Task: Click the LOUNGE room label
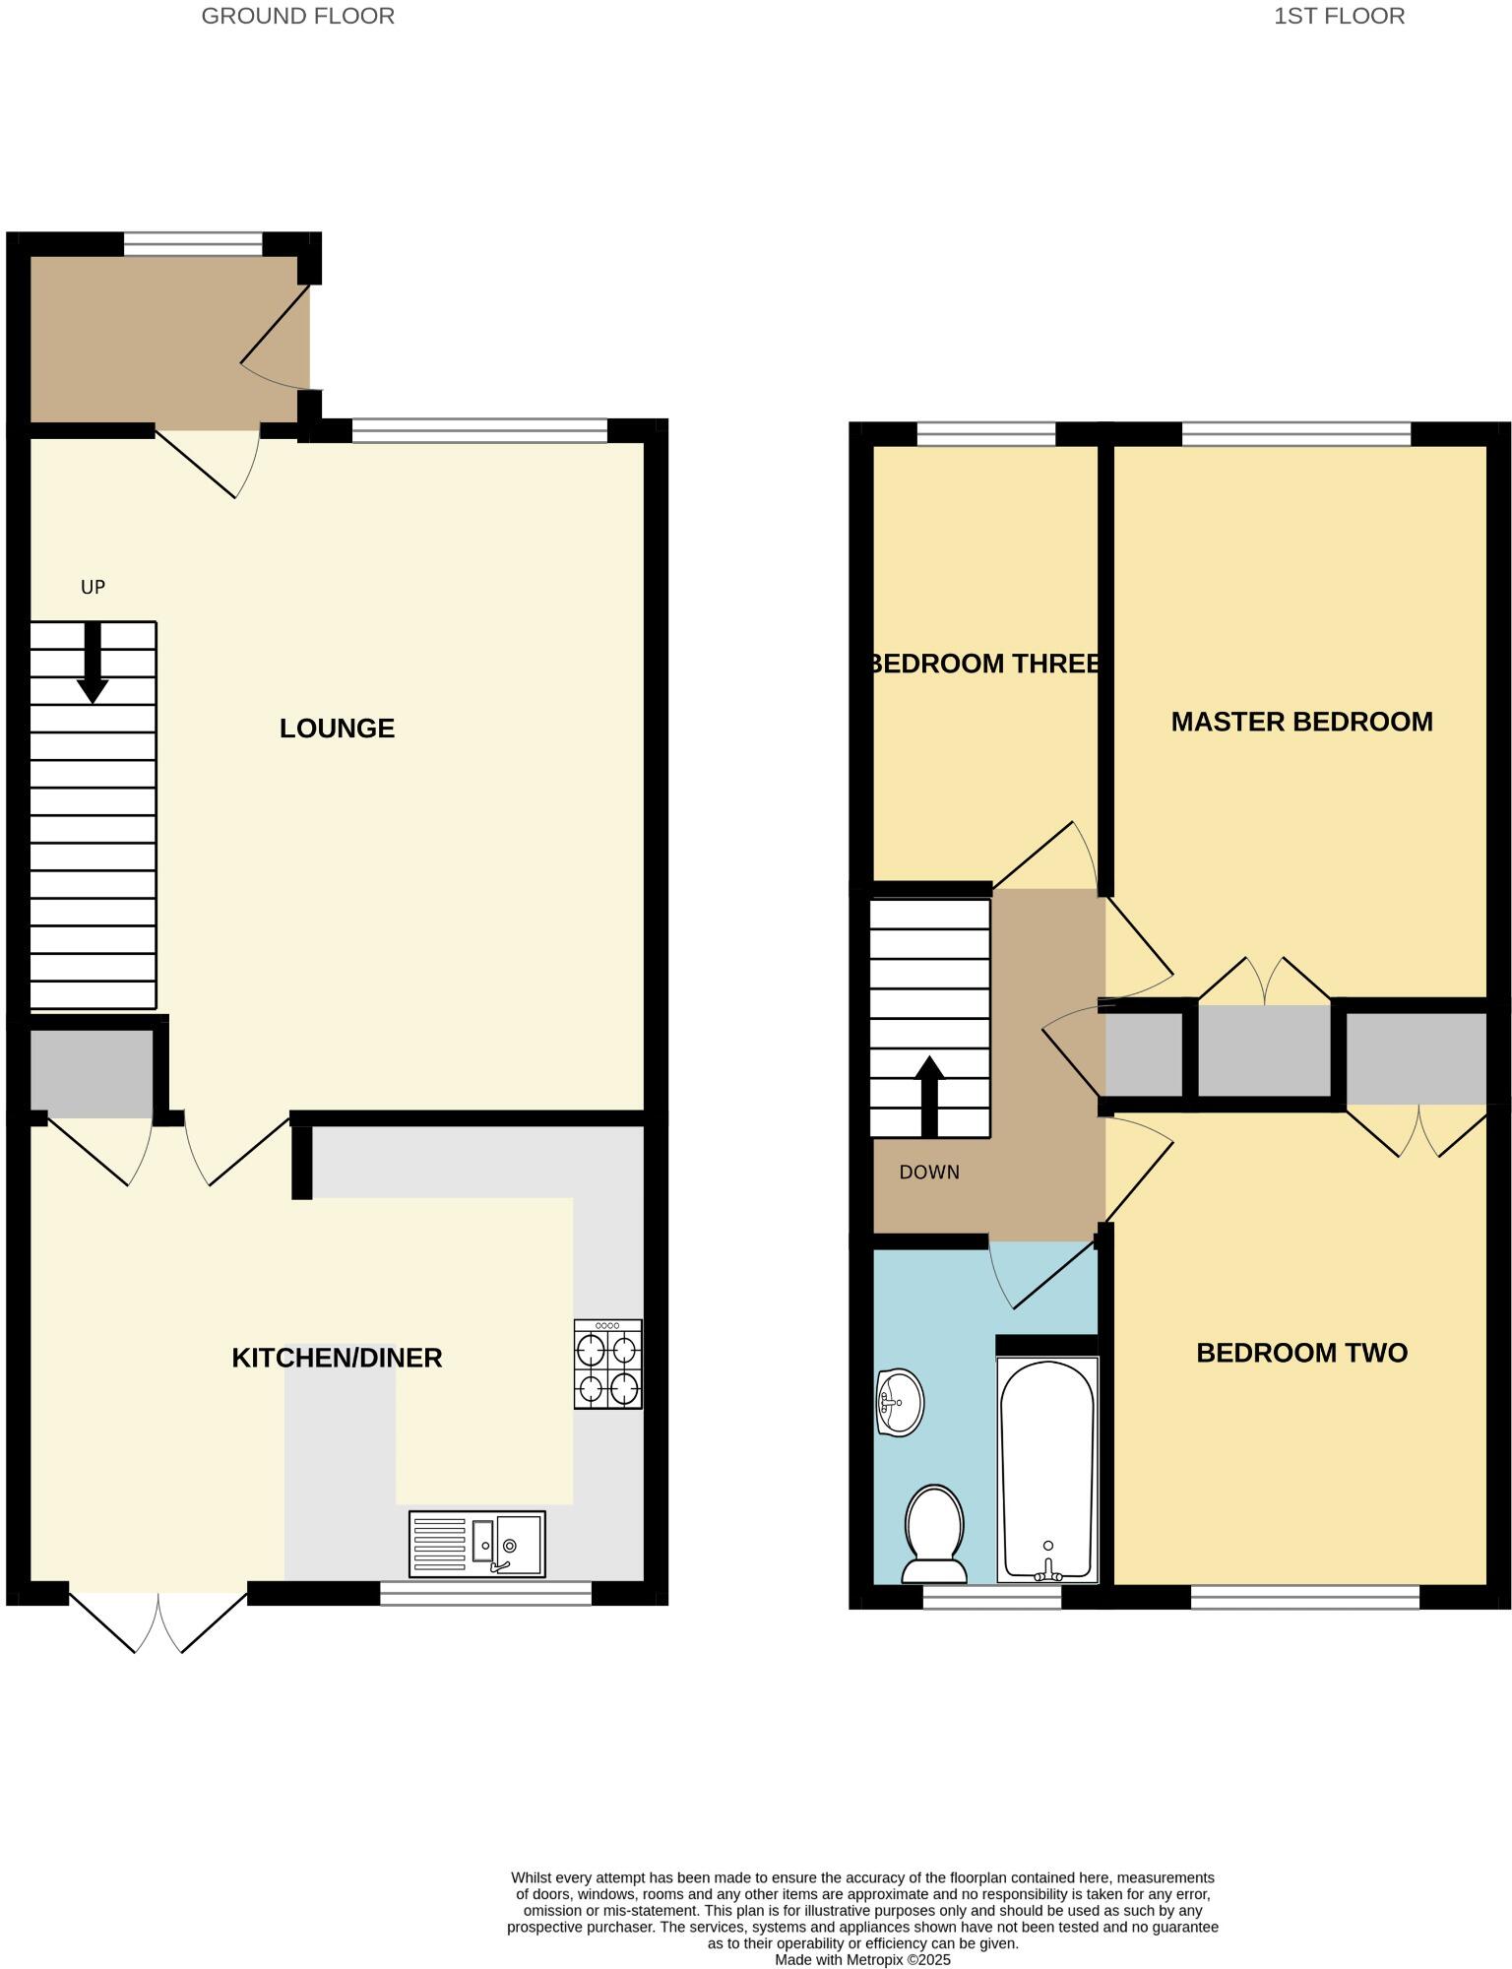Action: (337, 729)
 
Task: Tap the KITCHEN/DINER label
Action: (337, 1359)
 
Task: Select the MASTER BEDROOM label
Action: (1301, 722)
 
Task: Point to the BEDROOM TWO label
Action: (1301, 1353)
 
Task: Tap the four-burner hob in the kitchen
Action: (608, 1365)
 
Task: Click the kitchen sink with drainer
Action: (477, 1544)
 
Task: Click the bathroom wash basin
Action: (900, 1402)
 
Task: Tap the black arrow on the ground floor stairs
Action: (93, 664)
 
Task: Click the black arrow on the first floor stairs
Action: (930, 1096)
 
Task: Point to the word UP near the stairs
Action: (93, 588)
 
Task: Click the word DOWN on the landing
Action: (929, 1173)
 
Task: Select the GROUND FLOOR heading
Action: (297, 16)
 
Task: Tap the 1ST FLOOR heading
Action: (1339, 16)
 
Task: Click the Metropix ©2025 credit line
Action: (862, 1960)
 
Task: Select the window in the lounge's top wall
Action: (479, 430)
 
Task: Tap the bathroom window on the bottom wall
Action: (991, 1597)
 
